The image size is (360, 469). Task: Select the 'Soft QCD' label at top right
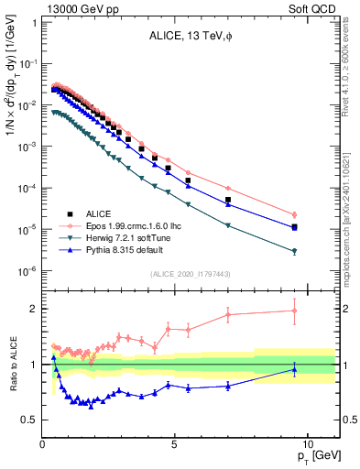[x=313, y=8]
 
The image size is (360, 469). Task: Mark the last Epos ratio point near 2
[x=294, y=311]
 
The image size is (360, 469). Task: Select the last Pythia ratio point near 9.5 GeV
[x=294, y=369]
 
